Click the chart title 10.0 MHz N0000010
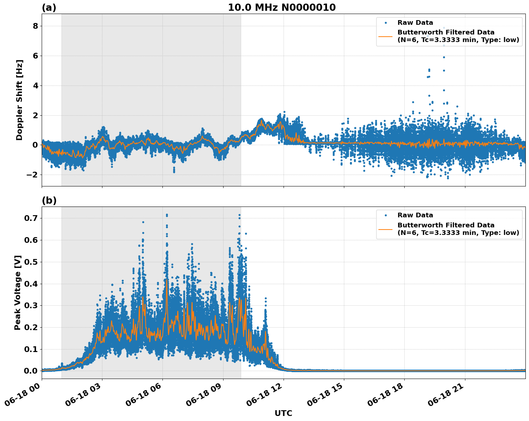(x=282, y=8)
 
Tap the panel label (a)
(x=49, y=8)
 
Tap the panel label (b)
(x=49, y=200)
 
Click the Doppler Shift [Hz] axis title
(x=19, y=100)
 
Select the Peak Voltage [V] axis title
(x=18, y=293)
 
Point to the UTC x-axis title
(x=283, y=413)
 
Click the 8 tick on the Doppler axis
(x=35, y=26)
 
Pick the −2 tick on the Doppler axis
(x=33, y=175)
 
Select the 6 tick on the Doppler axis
(x=35, y=56)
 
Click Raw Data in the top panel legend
(x=415, y=23)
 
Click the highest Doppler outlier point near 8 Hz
(x=444, y=28)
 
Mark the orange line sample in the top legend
(x=386, y=36)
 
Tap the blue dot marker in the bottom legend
(x=386, y=215)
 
